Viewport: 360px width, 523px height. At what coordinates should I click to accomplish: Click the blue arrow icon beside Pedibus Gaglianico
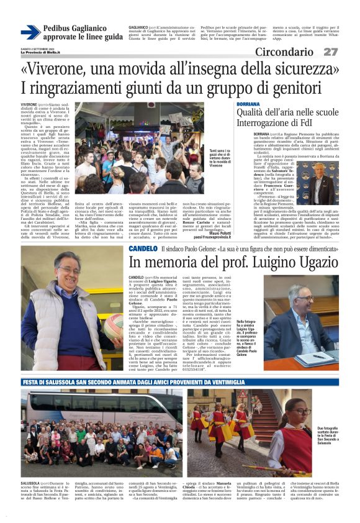pyautogui.click(x=30, y=32)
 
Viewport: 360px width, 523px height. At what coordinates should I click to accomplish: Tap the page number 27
pyautogui.click(x=331, y=52)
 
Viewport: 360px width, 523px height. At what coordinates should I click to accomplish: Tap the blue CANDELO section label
pyautogui.click(x=143, y=248)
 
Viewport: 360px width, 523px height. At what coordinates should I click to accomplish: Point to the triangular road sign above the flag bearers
pyautogui.click(x=240, y=397)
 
